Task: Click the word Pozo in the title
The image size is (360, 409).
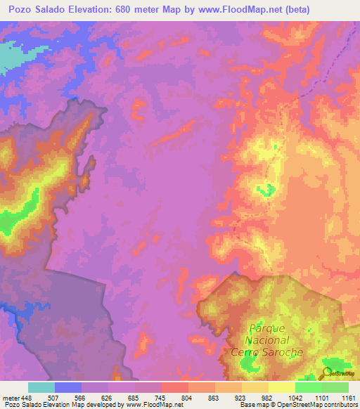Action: [x=21, y=9]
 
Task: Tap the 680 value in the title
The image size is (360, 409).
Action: [x=139, y=9]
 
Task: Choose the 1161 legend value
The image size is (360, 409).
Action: [x=349, y=397]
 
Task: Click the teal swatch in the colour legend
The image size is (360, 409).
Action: [x=41, y=387]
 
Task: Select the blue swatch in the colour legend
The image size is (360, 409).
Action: [x=68, y=387]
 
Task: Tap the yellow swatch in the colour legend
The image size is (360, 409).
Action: [x=281, y=387]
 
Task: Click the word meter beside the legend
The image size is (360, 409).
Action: [x=9, y=397]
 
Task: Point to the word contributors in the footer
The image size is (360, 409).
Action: [x=342, y=405]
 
